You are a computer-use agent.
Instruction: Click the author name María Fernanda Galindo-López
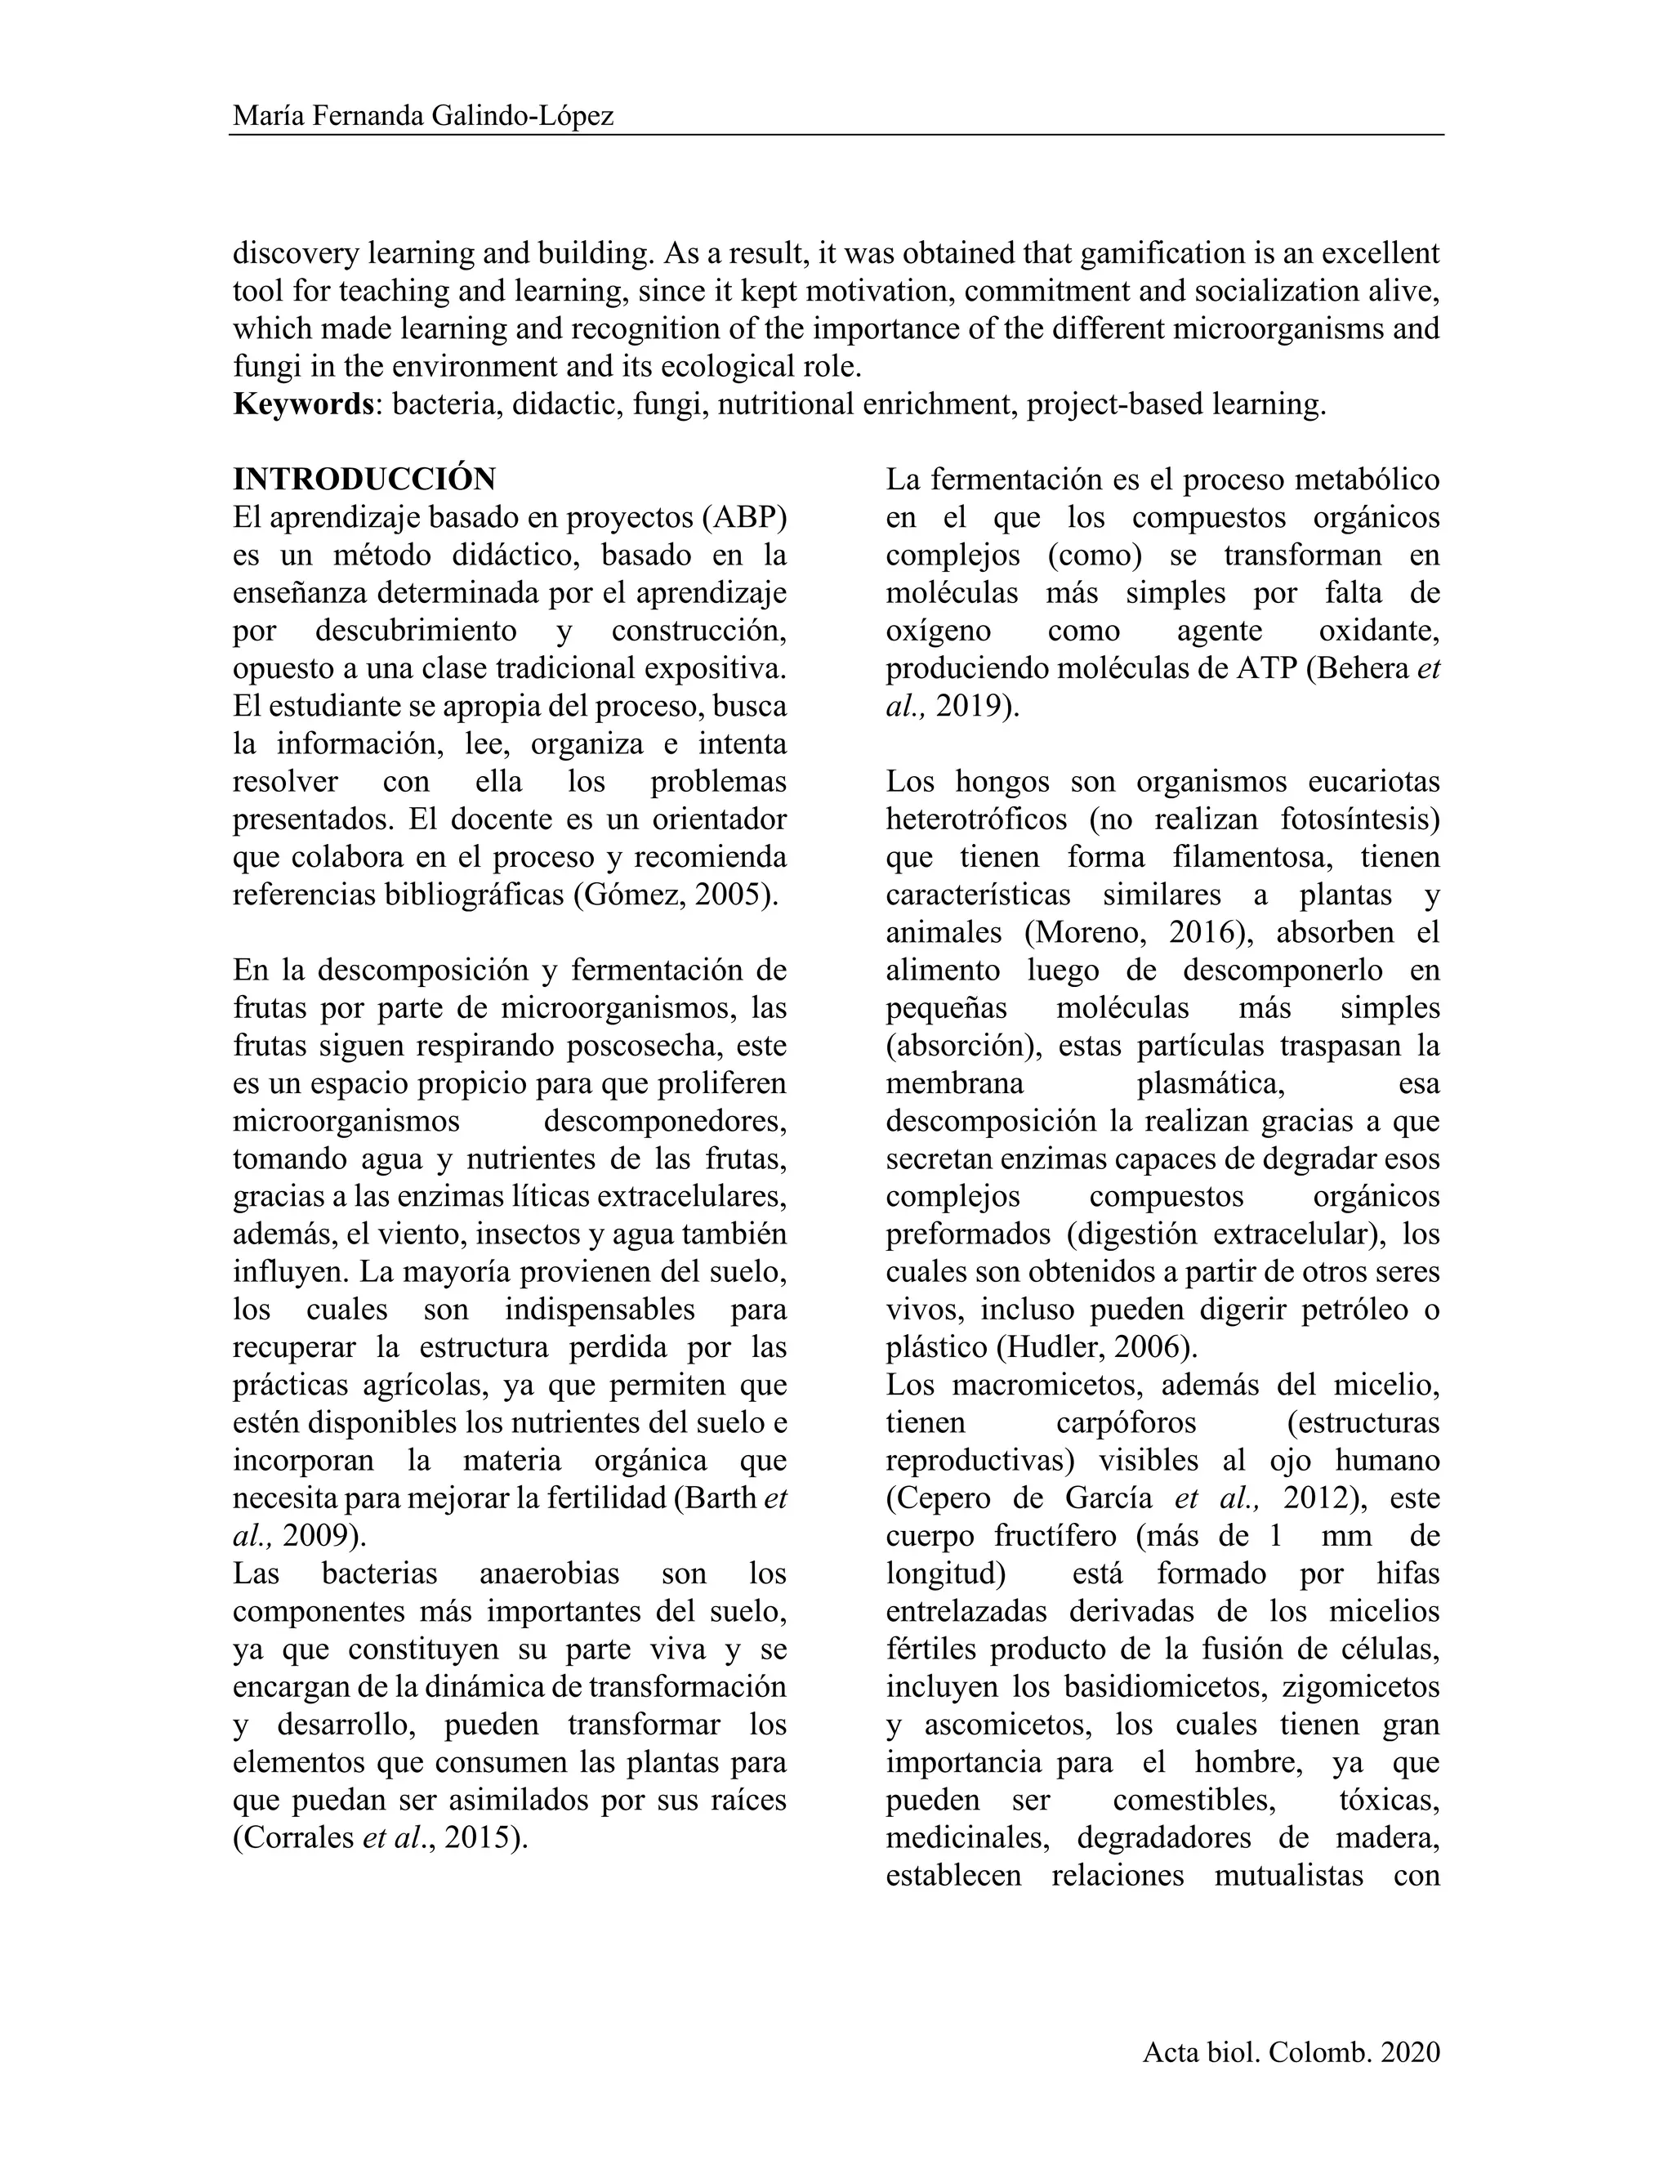(423, 116)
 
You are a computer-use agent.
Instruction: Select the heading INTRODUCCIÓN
(364, 480)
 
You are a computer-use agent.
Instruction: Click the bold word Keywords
(302, 404)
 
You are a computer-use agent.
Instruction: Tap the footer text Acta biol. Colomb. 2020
(1291, 2053)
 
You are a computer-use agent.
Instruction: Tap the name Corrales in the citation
(293, 1839)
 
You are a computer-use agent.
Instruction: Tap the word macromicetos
(1046, 1386)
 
